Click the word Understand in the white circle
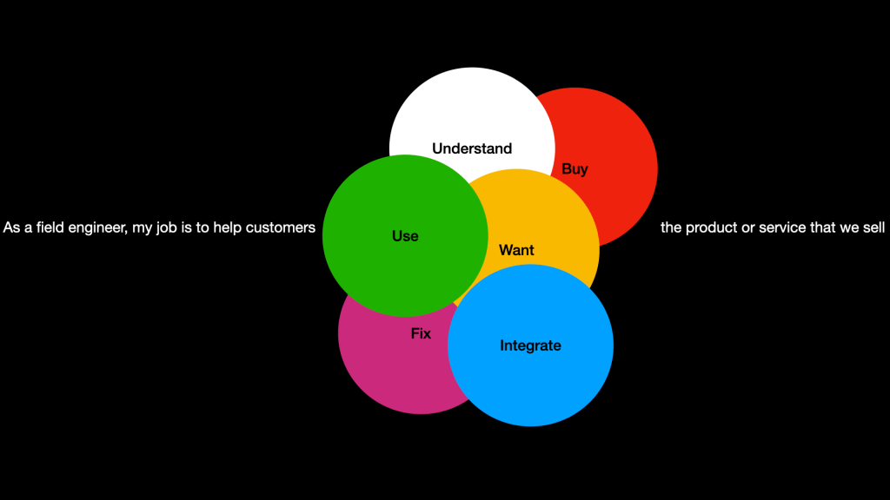tap(472, 148)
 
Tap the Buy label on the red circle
tap(575, 169)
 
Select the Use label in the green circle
tap(405, 236)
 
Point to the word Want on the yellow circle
tap(516, 250)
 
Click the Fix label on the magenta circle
tap(421, 333)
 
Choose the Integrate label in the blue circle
tap(530, 345)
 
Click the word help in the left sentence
tap(227, 228)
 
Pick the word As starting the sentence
tap(11, 228)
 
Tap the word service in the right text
tap(779, 228)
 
